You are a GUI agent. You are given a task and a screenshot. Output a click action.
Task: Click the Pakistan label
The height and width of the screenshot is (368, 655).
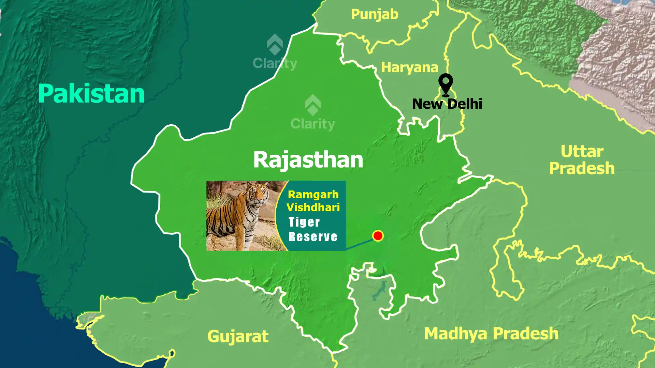[x=91, y=94]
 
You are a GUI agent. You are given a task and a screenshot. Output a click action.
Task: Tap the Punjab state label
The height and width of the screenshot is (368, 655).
[x=375, y=15]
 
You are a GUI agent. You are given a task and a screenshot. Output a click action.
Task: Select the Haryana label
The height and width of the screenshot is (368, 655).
[x=409, y=67]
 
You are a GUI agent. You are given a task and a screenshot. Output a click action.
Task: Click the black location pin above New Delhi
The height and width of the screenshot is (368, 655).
[x=446, y=83]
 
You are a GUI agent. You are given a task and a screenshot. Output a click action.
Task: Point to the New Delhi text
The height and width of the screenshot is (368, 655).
[x=447, y=104]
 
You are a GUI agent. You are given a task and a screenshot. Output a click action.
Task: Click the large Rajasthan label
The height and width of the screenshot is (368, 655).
[x=308, y=159]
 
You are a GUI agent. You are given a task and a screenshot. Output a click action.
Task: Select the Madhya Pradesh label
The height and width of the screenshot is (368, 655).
[x=491, y=334]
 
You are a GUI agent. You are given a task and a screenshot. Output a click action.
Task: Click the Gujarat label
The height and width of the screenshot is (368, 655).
[x=238, y=336]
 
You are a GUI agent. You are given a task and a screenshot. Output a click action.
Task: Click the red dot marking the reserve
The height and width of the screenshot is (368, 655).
[x=378, y=236]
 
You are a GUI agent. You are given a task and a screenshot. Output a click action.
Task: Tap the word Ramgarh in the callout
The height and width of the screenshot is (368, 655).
[x=313, y=195]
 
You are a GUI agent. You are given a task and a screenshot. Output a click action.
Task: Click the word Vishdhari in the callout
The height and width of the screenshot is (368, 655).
[x=313, y=208]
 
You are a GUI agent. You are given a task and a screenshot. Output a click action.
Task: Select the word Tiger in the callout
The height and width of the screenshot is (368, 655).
[x=304, y=222]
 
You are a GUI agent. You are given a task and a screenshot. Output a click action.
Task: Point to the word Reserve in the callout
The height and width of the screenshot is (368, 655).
[x=313, y=237]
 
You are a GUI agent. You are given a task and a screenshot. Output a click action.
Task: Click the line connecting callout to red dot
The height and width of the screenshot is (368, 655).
[x=360, y=244]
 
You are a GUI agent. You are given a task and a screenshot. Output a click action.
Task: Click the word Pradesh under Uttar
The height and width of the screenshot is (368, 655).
[x=582, y=169]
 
